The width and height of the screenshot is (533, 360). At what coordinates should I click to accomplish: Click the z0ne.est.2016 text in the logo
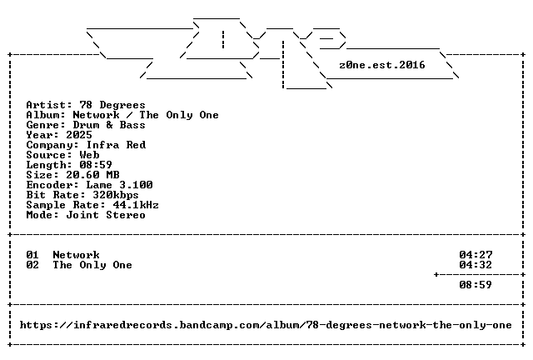382,65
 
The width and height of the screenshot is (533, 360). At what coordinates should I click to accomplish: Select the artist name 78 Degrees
112,105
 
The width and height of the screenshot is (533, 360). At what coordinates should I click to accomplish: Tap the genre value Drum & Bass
109,125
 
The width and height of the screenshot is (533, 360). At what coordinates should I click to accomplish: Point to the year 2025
79,135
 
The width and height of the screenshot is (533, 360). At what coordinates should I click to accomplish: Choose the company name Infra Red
117,145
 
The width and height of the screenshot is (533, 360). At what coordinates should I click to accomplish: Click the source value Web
89,155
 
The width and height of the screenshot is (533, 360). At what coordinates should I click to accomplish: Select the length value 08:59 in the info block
96,165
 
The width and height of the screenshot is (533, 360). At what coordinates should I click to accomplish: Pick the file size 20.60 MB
92,175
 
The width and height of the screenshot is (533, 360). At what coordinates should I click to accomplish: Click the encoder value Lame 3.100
119,185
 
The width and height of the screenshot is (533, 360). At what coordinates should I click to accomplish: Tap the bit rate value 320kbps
116,195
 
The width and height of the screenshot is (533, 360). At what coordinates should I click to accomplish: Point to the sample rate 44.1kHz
136,205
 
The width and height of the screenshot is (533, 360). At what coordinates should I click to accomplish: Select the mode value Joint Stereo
106,215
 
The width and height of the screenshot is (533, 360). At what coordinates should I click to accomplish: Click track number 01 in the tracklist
32,255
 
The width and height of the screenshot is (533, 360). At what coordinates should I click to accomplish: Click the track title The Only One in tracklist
92,265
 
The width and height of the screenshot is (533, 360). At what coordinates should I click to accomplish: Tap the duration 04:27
476,255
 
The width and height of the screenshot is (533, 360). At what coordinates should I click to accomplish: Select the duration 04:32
476,265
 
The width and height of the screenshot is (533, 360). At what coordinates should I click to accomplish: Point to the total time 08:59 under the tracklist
476,285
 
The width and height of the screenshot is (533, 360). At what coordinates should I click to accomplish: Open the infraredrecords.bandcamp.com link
266,325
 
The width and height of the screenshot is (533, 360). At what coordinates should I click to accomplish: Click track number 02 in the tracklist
32,265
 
